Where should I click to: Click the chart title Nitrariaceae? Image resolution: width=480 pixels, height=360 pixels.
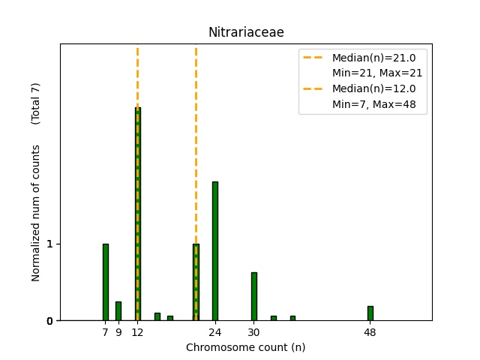[246, 32]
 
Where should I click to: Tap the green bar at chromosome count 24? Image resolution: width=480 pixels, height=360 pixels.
[215, 251]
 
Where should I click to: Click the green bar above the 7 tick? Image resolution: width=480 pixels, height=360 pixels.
[106, 282]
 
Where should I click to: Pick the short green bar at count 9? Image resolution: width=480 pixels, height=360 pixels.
[118, 310]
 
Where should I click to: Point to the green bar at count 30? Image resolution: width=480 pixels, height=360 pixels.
[254, 296]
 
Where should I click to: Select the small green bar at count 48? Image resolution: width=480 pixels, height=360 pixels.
[370, 313]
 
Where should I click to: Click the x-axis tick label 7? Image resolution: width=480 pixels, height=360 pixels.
[106, 331]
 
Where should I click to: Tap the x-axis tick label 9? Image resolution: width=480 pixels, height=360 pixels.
[118, 331]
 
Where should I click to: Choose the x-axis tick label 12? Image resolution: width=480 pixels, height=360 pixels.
[138, 331]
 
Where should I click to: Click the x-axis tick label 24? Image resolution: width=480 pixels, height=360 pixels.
[215, 331]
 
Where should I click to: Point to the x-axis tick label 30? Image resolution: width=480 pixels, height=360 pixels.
[254, 331]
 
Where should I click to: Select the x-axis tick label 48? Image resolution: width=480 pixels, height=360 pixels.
[370, 331]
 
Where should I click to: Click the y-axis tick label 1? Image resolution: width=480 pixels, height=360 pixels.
[49, 244]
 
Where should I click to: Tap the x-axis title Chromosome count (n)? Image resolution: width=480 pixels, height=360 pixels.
[246, 347]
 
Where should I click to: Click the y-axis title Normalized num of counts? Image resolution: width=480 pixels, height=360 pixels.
[36, 213]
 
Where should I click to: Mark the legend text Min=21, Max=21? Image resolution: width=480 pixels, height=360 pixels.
[377, 73]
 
